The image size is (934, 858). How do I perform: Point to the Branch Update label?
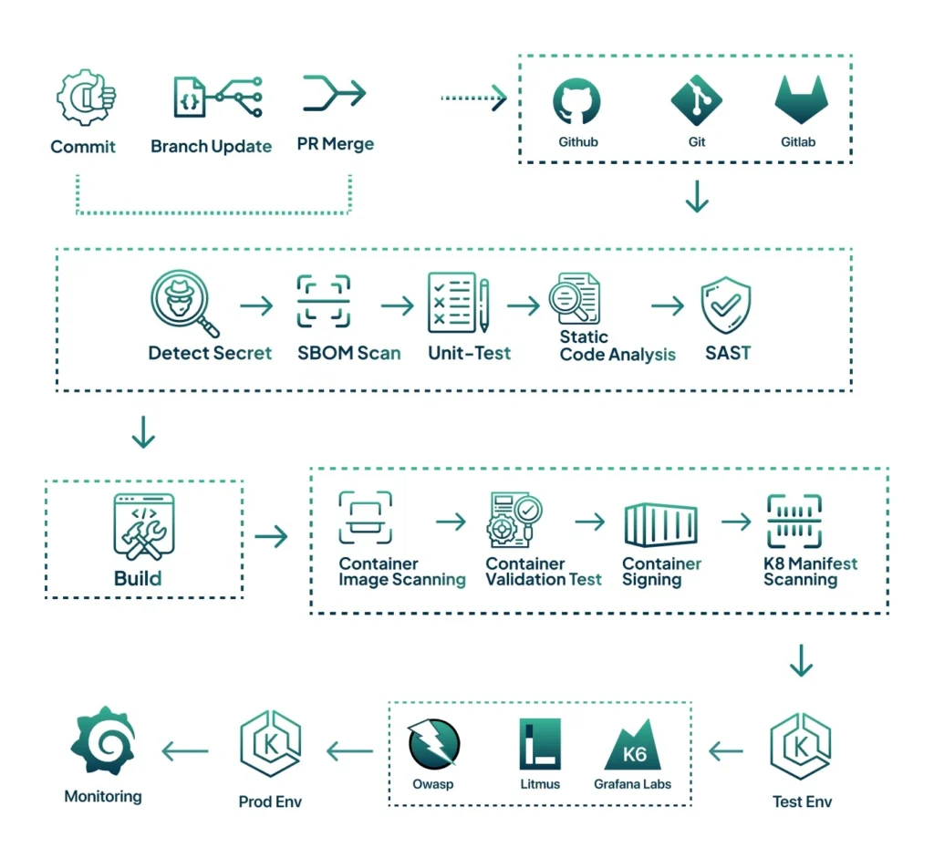211,147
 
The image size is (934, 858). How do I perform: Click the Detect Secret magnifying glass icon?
183,305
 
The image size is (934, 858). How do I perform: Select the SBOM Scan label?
349,353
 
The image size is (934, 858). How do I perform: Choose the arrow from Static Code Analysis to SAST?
668,306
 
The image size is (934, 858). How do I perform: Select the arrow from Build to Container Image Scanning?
271,537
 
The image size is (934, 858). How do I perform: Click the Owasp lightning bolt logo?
434,744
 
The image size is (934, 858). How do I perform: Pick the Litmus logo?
539,744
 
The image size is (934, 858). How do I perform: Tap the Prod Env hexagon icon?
270,744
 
